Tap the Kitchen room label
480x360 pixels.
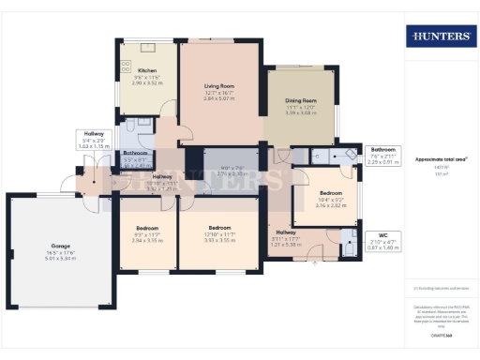(147, 70)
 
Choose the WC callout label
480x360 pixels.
(383, 234)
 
